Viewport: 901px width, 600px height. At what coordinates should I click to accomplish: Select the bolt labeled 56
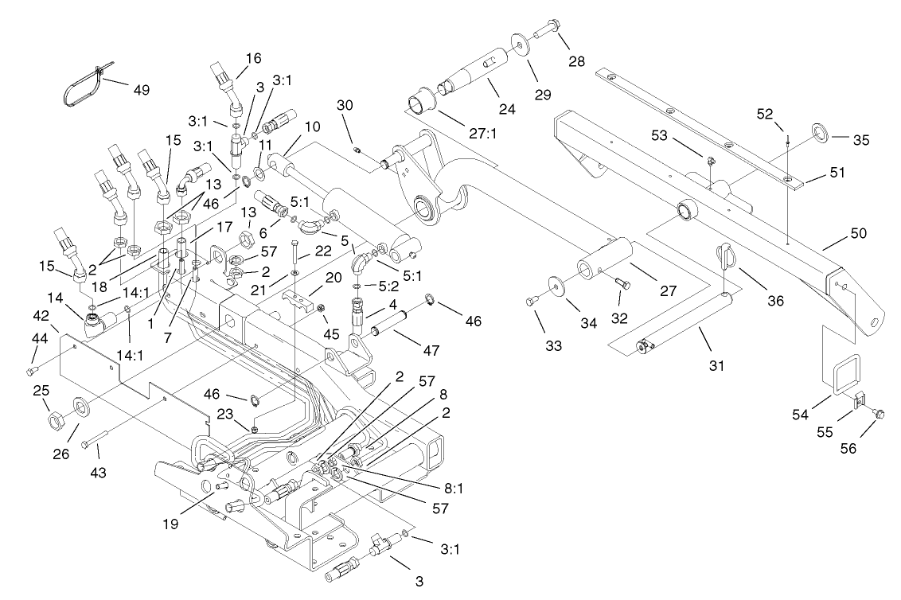click(x=879, y=412)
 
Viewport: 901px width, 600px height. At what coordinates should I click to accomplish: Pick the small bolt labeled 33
click(x=531, y=300)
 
